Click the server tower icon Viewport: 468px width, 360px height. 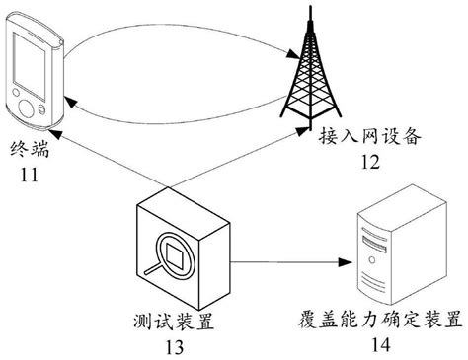[384, 247]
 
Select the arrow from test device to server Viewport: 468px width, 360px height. [286, 262]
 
